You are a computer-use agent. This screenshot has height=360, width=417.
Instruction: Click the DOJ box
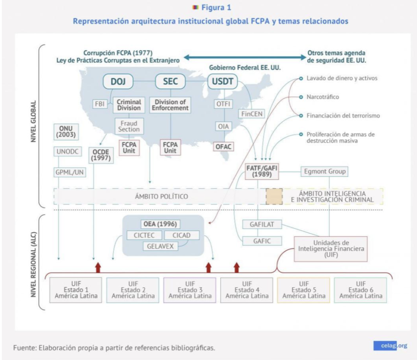click(x=118, y=82)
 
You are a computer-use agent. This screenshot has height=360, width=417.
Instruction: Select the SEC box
click(x=170, y=82)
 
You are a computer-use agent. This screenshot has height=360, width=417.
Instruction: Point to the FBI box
click(x=99, y=103)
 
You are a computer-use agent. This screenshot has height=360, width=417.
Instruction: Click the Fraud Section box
click(x=129, y=126)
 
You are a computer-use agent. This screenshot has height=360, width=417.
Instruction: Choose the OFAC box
click(x=223, y=147)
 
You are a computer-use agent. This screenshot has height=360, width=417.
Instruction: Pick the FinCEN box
click(x=252, y=114)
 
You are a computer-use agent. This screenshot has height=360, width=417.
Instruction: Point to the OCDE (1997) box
click(x=100, y=155)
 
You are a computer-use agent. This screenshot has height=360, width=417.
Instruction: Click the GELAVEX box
click(x=160, y=246)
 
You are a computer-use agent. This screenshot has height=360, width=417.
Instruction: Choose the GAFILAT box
click(x=262, y=225)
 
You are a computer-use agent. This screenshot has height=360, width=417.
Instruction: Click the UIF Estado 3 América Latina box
click(x=190, y=290)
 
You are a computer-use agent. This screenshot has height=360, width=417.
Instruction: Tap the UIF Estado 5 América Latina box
click(x=303, y=290)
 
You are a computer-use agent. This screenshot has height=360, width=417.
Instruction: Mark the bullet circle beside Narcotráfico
click(x=301, y=97)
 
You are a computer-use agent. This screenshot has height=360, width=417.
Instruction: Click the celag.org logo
click(x=390, y=345)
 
